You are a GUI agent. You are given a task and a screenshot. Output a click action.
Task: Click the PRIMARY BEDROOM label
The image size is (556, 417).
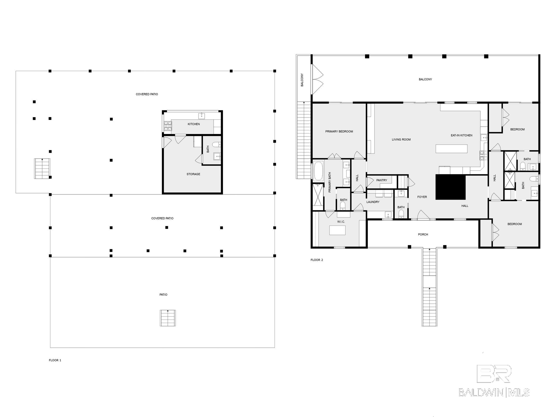(x=339, y=132)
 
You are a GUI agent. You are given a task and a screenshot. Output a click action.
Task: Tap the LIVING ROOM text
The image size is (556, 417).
(x=401, y=139)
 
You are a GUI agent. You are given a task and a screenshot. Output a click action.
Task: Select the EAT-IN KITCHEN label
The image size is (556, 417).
(x=462, y=135)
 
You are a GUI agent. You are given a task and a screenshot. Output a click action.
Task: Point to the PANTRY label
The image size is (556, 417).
(x=382, y=180)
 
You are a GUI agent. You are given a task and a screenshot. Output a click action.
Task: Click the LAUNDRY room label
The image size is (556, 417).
(x=373, y=202)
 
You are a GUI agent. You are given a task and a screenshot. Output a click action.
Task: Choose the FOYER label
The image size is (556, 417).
(x=422, y=197)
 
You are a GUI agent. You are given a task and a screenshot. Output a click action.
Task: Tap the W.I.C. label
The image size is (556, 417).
(x=341, y=222)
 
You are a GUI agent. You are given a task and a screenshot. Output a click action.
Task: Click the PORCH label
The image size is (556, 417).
(x=423, y=234)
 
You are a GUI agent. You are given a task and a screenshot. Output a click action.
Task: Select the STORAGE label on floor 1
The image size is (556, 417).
(x=193, y=174)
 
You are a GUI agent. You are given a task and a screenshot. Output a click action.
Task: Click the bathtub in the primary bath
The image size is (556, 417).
(x=318, y=171)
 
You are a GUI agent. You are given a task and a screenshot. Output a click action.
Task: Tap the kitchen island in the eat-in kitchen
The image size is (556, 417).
(x=451, y=149)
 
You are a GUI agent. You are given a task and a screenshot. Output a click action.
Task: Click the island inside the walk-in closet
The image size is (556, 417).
(x=337, y=230)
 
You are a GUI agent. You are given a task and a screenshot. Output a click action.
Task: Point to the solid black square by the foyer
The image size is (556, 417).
(x=450, y=187)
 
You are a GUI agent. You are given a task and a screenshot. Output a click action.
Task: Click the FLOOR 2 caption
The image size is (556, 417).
(x=317, y=260)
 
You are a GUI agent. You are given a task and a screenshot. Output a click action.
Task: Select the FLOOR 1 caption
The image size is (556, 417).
(x=55, y=360)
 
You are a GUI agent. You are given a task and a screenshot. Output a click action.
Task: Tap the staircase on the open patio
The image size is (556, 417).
(x=168, y=318)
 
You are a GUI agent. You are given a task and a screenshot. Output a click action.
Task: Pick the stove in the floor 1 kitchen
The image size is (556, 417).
(x=168, y=126)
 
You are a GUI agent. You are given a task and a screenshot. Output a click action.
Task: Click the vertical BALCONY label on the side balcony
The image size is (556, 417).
(x=302, y=80)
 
